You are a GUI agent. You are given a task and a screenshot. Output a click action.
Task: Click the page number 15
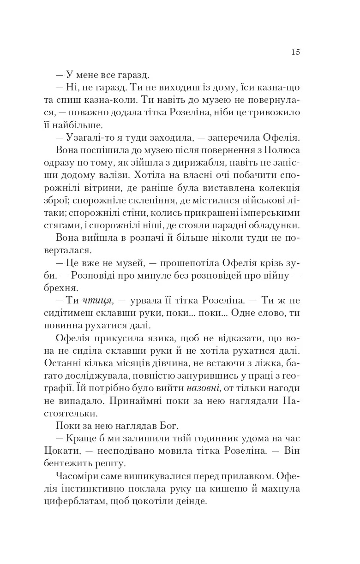[295, 52]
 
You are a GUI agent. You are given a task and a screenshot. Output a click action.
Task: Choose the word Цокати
[72, 451]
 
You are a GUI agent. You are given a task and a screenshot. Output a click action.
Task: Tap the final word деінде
[191, 501]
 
